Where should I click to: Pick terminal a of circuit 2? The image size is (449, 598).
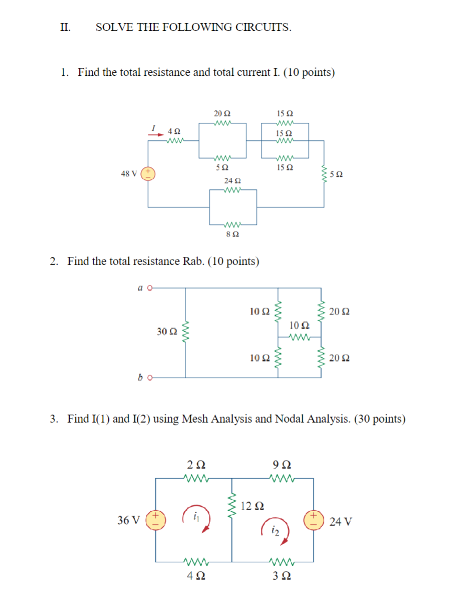pyautogui.click(x=149, y=287)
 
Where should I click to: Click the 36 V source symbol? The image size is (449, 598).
pyautogui.click(x=155, y=521)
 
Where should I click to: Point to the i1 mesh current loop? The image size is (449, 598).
pyautogui.click(x=197, y=519)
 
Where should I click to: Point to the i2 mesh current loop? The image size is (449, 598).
pyautogui.click(x=275, y=531)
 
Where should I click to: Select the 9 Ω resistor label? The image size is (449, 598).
pyautogui.click(x=282, y=464)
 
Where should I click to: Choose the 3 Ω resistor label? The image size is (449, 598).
pyautogui.click(x=282, y=577)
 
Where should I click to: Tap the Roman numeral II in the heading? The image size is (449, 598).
pyautogui.click(x=66, y=27)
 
